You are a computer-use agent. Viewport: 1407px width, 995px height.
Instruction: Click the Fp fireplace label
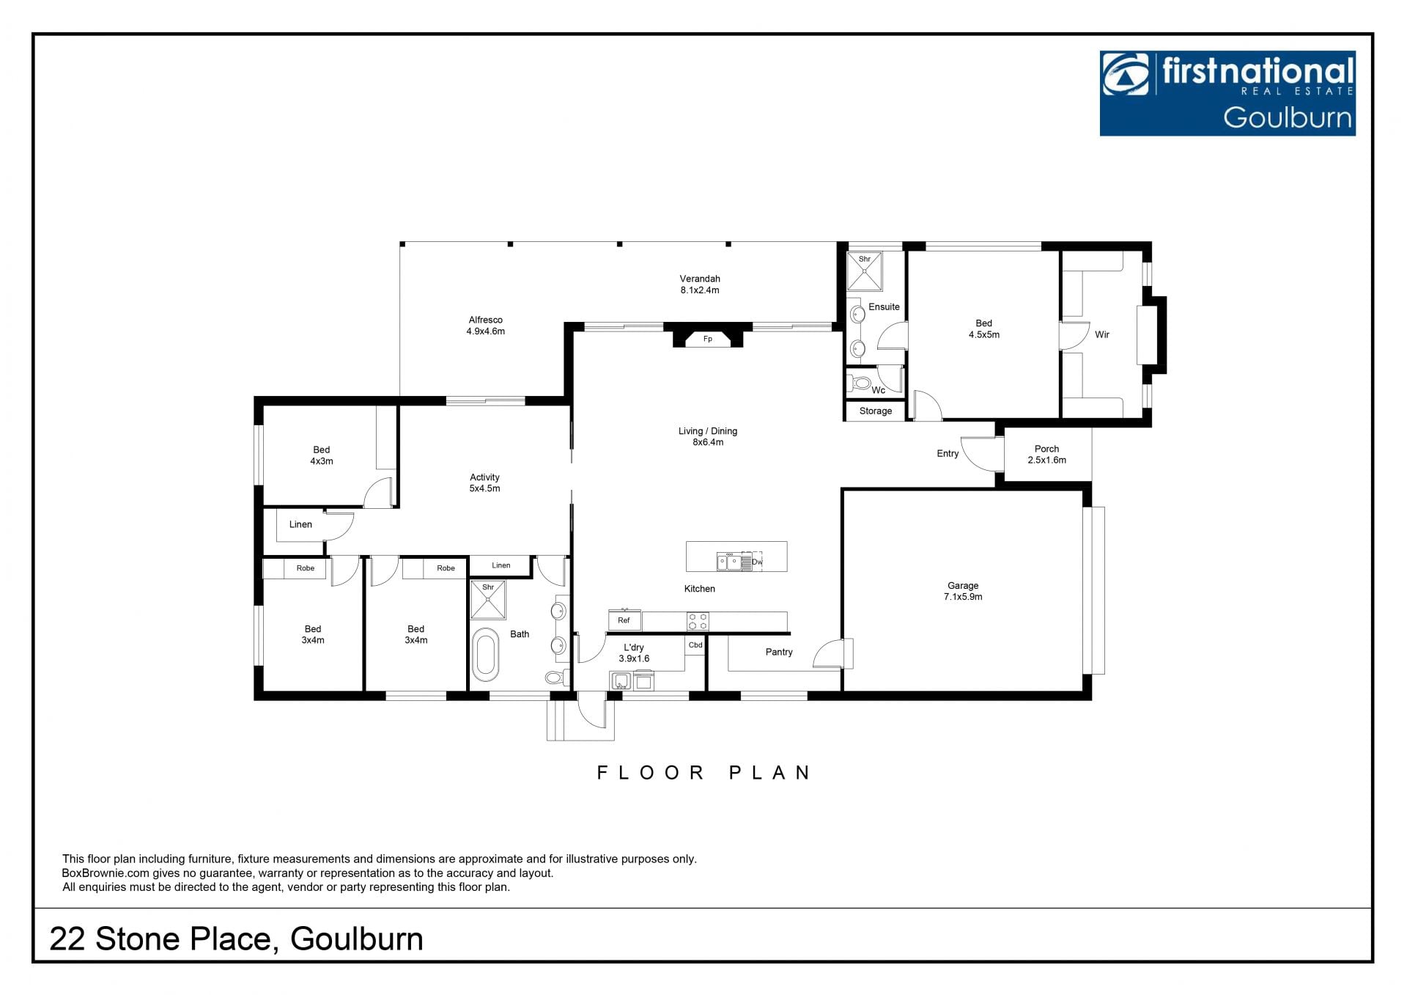707,339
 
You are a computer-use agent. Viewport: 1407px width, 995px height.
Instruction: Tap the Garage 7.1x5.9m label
963,591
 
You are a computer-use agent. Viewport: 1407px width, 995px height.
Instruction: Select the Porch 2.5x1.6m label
1046,455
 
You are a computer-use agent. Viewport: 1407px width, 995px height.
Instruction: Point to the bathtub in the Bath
485,655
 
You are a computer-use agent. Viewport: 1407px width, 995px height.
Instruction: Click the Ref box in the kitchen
624,620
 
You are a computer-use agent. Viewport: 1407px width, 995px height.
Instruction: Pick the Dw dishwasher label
757,562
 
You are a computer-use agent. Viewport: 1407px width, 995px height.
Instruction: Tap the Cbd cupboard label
695,645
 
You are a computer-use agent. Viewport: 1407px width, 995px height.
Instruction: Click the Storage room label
876,411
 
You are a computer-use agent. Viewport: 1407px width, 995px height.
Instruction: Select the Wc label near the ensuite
878,390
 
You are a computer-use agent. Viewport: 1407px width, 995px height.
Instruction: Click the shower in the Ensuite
865,271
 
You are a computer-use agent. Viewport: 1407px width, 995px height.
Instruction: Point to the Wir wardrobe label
1102,334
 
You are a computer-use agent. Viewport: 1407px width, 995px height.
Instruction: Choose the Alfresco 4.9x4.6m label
485,326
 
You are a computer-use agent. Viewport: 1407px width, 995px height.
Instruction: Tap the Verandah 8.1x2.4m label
700,284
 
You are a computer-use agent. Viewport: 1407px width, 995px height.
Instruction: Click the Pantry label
779,652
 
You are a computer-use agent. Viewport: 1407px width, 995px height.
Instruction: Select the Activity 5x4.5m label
484,482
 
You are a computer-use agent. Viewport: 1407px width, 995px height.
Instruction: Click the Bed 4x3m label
321,455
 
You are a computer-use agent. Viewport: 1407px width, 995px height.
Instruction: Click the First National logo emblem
1127,76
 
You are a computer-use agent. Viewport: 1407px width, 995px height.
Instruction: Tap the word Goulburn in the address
357,939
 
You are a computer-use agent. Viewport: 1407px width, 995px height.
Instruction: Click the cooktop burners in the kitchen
698,622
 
